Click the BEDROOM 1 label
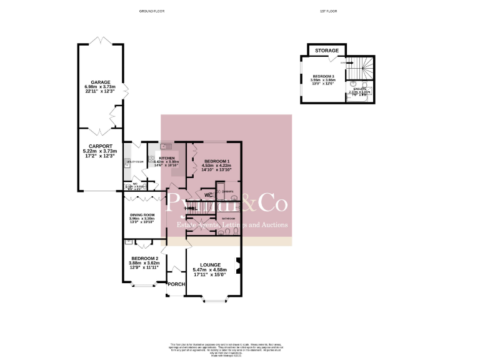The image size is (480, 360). (211, 161)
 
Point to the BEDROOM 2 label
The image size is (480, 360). (145, 258)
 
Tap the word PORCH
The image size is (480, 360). (176, 284)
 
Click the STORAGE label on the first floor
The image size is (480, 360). (327, 51)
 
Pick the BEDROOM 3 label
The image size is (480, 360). (324, 76)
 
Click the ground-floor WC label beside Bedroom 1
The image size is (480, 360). (209, 195)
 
